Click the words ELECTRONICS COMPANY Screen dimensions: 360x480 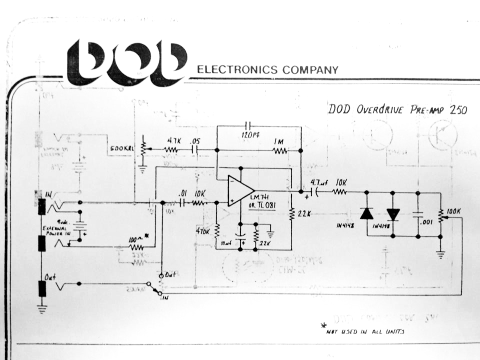[x=267, y=69]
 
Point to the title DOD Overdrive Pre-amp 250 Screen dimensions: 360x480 [x=397, y=109]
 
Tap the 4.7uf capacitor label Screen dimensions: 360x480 [x=318, y=183]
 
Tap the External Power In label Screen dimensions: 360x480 [x=56, y=230]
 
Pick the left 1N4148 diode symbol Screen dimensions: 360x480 [x=367, y=213]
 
